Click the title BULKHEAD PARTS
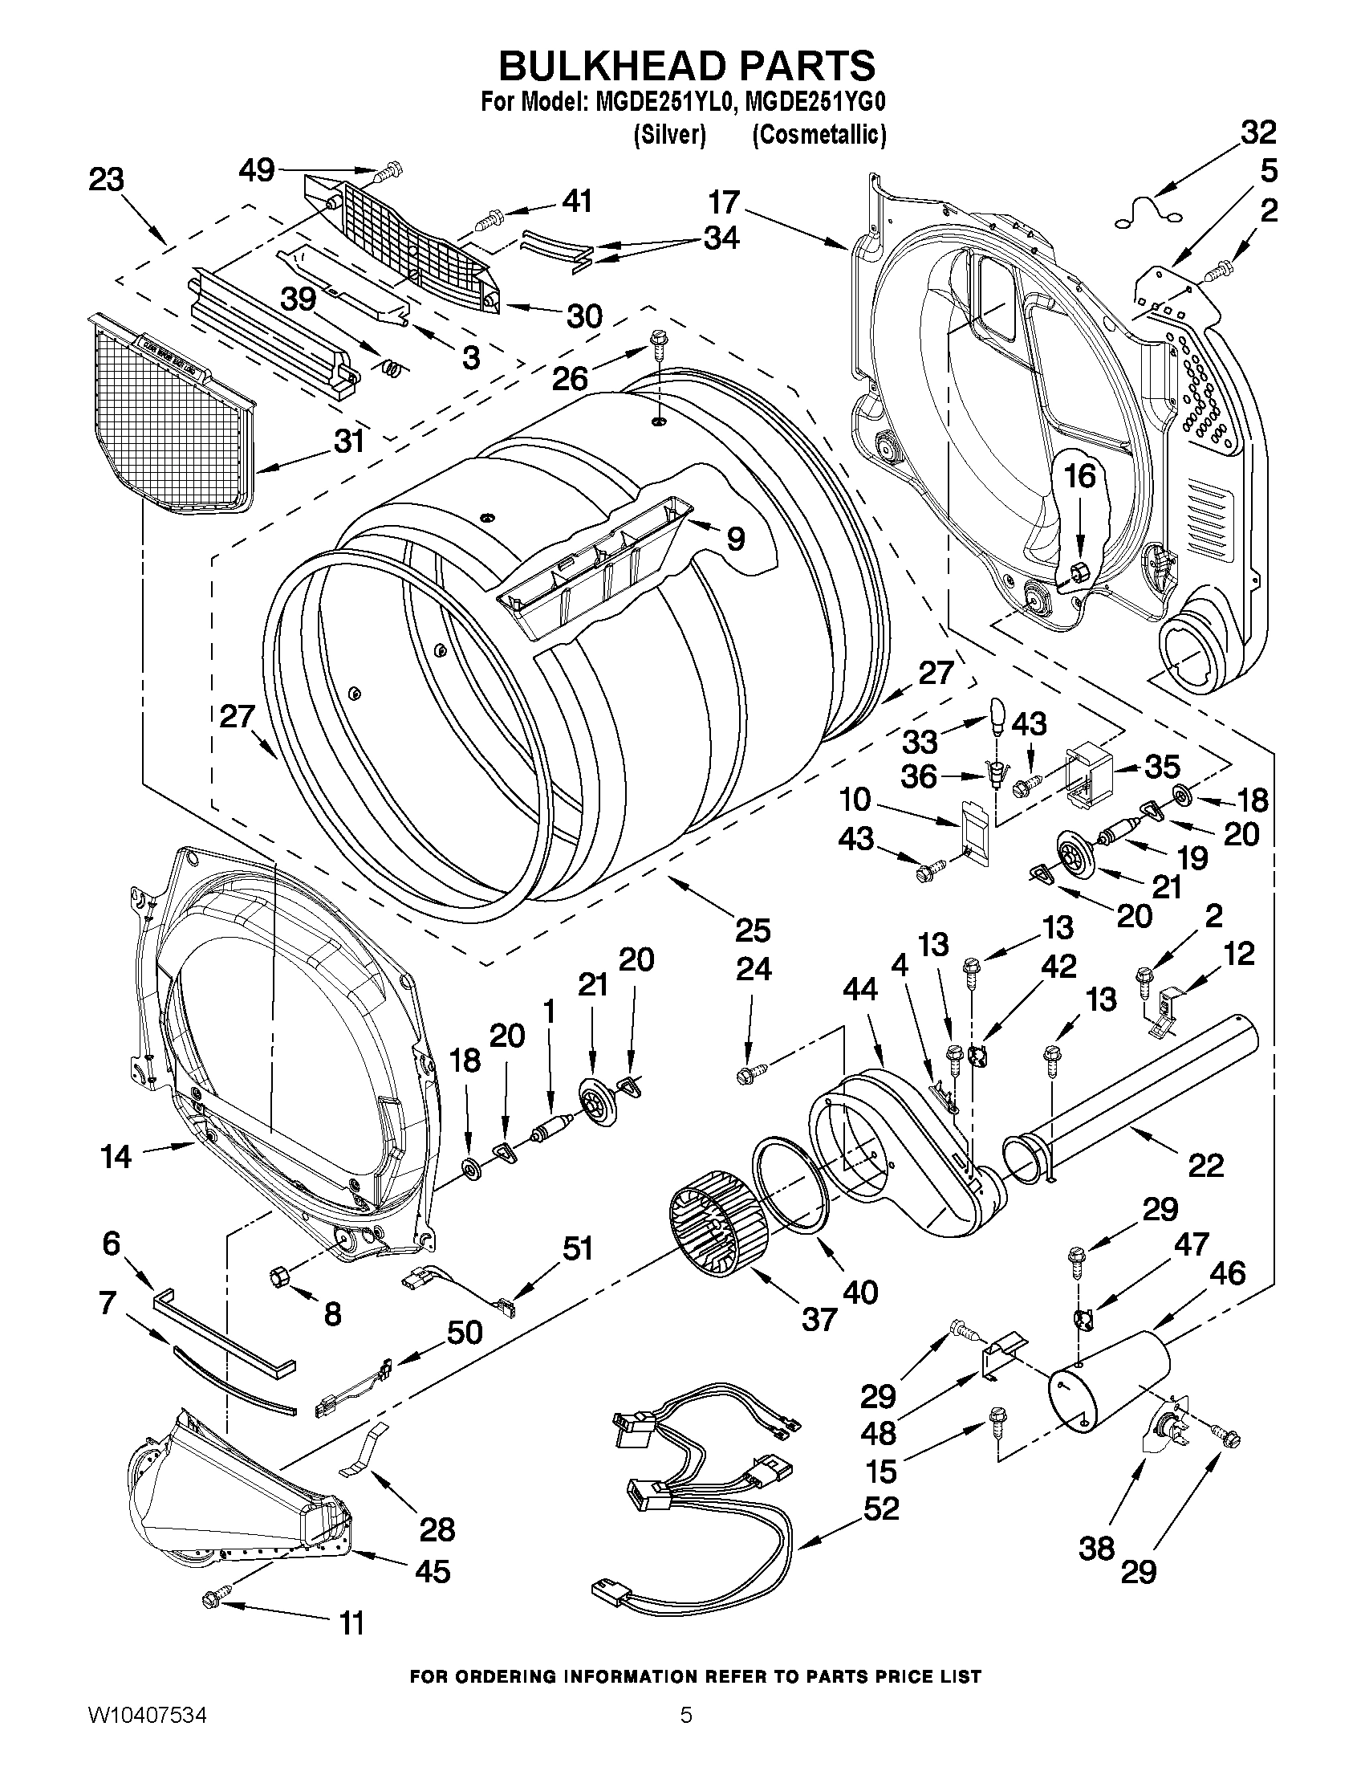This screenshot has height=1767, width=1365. pos(687,65)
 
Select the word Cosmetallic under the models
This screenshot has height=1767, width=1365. pos(819,134)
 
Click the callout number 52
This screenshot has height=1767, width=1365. pos(880,1508)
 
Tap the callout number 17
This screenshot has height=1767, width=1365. pos(725,202)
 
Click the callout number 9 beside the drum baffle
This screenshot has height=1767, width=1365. pos(735,538)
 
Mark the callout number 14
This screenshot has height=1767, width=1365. pos(116,1156)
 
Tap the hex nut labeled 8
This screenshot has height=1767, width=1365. pos(279,1276)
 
